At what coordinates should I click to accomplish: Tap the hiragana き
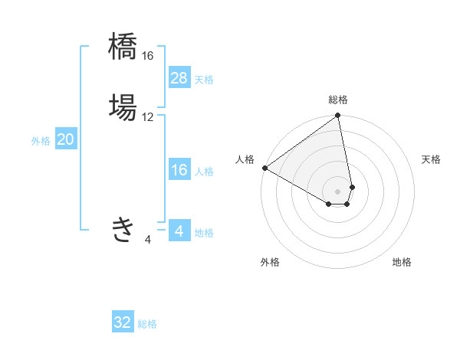[x=123, y=229]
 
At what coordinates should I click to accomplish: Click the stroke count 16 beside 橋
[x=148, y=56]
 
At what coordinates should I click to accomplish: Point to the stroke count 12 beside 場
[x=148, y=117]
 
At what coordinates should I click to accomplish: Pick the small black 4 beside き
[x=148, y=240]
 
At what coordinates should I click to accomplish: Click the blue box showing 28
[x=179, y=78]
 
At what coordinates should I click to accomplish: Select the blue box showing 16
[x=179, y=170]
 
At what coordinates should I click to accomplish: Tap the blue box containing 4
[x=179, y=231]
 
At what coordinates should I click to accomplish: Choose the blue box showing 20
[x=66, y=139]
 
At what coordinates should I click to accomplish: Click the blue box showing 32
[x=123, y=322]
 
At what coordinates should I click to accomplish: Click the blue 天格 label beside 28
[x=204, y=80]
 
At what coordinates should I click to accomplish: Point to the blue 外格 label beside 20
[x=41, y=141]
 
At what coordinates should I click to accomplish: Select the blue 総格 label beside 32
[x=148, y=324]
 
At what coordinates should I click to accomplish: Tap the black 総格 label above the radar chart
[x=338, y=100]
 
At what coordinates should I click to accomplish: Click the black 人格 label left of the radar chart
[x=245, y=159]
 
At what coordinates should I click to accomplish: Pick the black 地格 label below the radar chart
[x=402, y=262]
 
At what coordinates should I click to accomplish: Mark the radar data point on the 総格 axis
[x=338, y=116]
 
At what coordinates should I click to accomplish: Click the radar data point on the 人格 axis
[x=264, y=168]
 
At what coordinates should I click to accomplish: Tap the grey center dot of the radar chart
[x=338, y=191]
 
